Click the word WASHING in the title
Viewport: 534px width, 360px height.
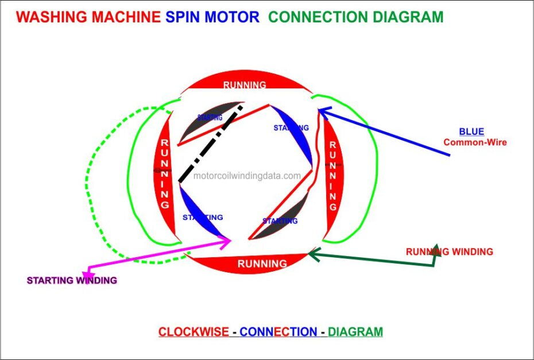click(x=51, y=17)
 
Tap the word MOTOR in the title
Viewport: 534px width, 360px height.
click(x=235, y=17)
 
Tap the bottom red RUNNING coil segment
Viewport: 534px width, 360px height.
click(x=262, y=264)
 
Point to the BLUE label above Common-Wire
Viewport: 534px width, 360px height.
click(x=471, y=131)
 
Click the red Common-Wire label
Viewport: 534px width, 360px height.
click(x=475, y=142)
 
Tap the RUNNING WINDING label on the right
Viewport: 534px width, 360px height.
click(x=449, y=251)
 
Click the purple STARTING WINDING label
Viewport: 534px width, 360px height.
click(x=72, y=280)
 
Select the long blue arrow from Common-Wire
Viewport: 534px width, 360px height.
click(x=385, y=133)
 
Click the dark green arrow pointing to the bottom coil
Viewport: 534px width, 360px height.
click(x=373, y=260)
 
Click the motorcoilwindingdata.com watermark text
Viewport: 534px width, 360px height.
click(x=247, y=176)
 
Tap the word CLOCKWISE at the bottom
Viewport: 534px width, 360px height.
click(x=194, y=332)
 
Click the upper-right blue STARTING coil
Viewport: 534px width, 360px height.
click(x=296, y=138)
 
